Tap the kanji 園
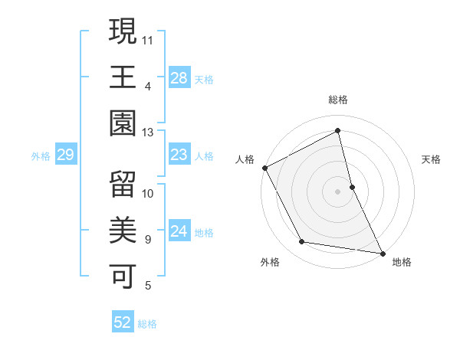click(123, 123)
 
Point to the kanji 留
click(123, 184)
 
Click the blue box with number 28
click(179, 77)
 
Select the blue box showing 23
click(179, 155)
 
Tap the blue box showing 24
click(179, 231)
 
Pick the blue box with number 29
click(65, 155)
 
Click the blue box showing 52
click(123, 323)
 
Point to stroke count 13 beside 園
click(148, 133)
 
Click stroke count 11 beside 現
click(148, 38)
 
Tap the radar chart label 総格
click(338, 100)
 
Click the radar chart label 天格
click(432, 159)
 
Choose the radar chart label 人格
click(245, 159)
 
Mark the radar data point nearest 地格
click(382, 252)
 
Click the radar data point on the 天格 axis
click(352, 186)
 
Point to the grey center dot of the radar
click(338, 191)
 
